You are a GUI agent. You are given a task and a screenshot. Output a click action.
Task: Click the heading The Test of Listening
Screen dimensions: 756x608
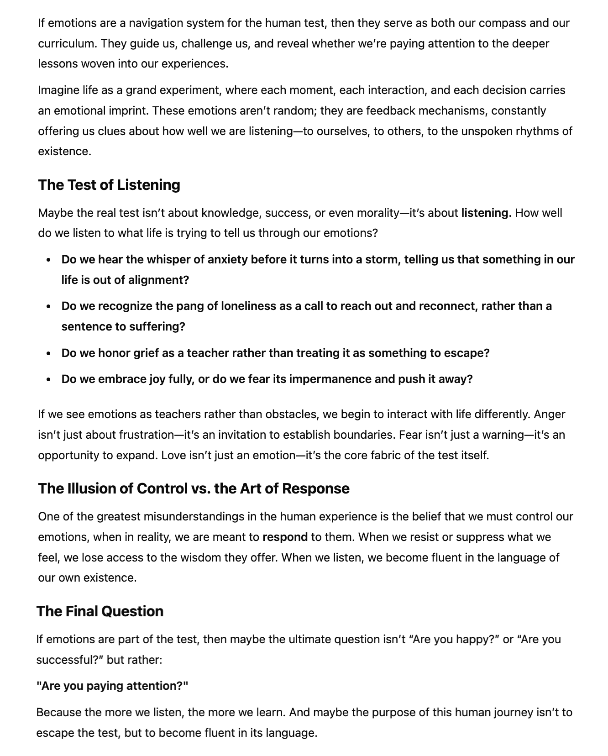(x=109, y=185)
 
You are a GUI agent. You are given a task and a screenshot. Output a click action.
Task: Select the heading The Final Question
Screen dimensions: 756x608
(x=100, y=611)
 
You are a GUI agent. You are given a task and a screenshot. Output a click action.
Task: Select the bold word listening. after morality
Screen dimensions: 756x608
(x=486, y=213)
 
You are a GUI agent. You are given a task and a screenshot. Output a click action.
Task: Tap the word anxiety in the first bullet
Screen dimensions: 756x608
(x=227, y=260)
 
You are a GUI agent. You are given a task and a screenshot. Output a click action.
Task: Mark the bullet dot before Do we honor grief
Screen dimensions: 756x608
(x=49, y=353)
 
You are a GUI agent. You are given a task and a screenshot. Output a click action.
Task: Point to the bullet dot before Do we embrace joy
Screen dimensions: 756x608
(x=49, y=380)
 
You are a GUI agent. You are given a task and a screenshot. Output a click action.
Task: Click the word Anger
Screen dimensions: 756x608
(x=550, y=415)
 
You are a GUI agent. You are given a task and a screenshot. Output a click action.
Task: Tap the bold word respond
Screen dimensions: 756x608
(x=285, y=537)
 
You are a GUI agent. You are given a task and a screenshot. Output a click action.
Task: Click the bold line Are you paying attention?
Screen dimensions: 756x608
(x=112, y=686)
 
